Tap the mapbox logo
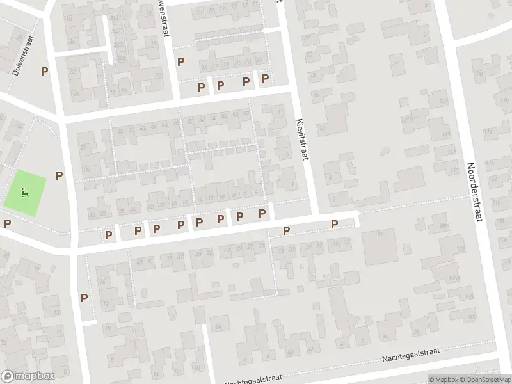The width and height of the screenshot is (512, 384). (x=28, y=376)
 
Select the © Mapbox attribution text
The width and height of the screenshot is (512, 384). (x=444, y=380)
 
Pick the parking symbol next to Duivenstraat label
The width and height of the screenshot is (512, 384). (x=45, y=71)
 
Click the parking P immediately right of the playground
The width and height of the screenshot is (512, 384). (x=60, y=175)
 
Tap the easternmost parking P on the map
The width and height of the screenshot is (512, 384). (x=334, y=224)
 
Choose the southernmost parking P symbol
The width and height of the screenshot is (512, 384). (x=84, y=297)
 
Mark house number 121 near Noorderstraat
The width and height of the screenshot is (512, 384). (x=404, y=120)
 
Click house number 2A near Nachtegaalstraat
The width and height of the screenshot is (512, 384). (x=385, y=337)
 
